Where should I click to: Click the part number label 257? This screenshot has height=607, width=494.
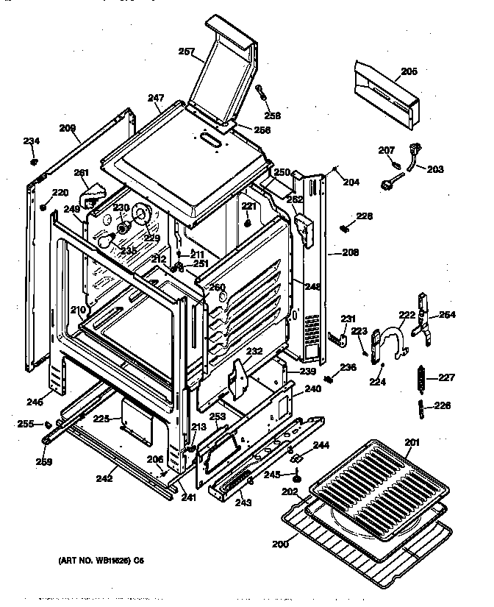click(187, 51)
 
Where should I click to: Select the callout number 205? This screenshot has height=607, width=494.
click(409, 71)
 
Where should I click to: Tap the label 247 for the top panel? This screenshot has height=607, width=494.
click(154, 97)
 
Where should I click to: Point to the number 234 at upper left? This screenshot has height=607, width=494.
click(32, 141)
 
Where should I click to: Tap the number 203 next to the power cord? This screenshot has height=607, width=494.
click(435, 168)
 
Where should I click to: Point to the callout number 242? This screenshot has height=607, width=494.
click(104, 478)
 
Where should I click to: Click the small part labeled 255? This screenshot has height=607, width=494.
click(47, 424)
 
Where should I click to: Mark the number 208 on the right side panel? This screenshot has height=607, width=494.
click(351, 252)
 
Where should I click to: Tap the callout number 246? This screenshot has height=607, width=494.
click(34, 402)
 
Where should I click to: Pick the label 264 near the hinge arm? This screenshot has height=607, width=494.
click(447, 316)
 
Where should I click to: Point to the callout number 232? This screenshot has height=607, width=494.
click(254, 352)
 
